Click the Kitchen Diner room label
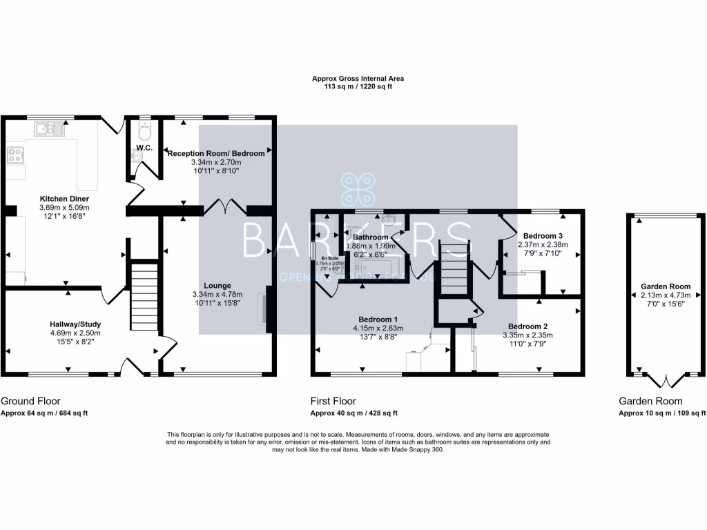64,199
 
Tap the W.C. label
144,148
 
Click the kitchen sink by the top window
50,128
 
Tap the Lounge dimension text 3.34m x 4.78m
217,295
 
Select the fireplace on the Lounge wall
264,307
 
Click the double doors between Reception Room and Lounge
224,206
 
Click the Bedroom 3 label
543,235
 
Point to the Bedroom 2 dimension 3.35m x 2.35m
528,335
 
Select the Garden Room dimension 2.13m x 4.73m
665,295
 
